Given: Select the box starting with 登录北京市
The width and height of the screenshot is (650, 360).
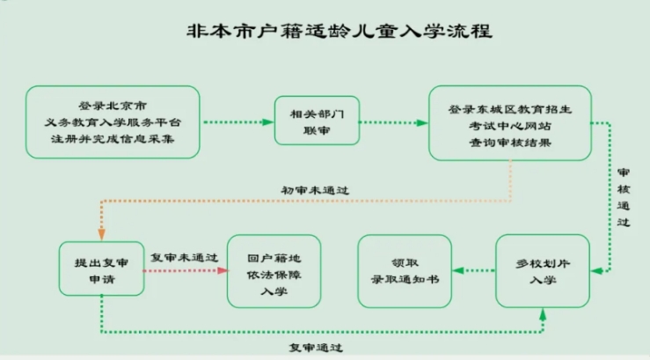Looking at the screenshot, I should [113, 122].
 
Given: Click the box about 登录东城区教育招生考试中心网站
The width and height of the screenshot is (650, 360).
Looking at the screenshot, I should [510, 123].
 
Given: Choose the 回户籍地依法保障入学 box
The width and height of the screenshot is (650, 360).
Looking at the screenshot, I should [274, 271].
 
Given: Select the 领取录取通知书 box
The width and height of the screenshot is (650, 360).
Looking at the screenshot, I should [404, 271].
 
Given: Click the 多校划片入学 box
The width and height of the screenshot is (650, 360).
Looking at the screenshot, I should [542, 271].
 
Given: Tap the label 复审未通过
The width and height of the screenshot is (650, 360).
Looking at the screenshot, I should [183, 257].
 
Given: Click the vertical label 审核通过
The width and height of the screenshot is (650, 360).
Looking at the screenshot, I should [623, 197].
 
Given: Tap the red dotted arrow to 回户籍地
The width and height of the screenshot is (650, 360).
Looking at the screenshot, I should [183, 270].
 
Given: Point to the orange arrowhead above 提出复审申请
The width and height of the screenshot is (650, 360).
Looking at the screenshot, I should [101, 234].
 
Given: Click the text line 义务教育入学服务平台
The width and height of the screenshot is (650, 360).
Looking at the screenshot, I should [113, 122].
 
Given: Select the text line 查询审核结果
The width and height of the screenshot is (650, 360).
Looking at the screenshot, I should [510, 141].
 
